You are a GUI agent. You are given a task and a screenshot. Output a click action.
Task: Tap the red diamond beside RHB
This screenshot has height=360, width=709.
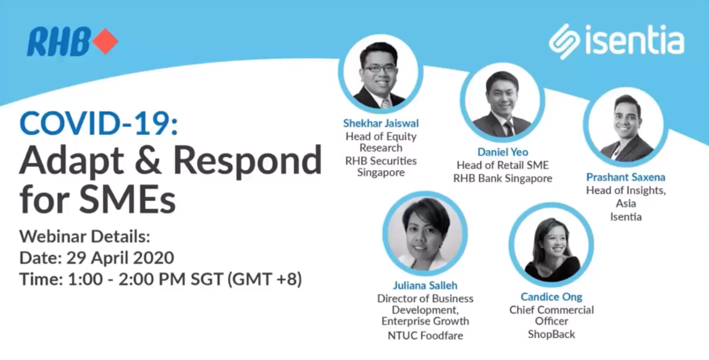pos(105,42)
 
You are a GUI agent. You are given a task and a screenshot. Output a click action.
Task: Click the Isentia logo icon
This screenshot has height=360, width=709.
pos(564,42)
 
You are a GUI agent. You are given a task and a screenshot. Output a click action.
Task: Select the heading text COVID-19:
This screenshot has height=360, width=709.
pos(98,124)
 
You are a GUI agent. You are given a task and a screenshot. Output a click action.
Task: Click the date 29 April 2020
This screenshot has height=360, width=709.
pos(120,257)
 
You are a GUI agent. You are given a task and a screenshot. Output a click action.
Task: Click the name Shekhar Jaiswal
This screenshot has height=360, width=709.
pos(380,123)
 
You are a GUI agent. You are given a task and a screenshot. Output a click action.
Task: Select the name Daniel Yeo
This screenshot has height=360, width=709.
pos(503,152)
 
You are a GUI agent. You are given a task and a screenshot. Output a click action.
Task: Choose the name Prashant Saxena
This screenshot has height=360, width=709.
pos(626,177)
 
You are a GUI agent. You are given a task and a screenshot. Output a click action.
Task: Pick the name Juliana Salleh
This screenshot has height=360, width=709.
pos(425,285)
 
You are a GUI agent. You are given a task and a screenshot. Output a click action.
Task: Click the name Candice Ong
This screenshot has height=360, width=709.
pos(551,296)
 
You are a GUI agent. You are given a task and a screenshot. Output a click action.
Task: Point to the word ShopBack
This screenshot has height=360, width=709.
pos(551,334)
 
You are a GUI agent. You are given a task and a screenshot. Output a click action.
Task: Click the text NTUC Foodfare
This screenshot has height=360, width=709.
pos(425,336)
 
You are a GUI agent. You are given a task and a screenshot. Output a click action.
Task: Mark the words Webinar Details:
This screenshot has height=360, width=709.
pos(85,236)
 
